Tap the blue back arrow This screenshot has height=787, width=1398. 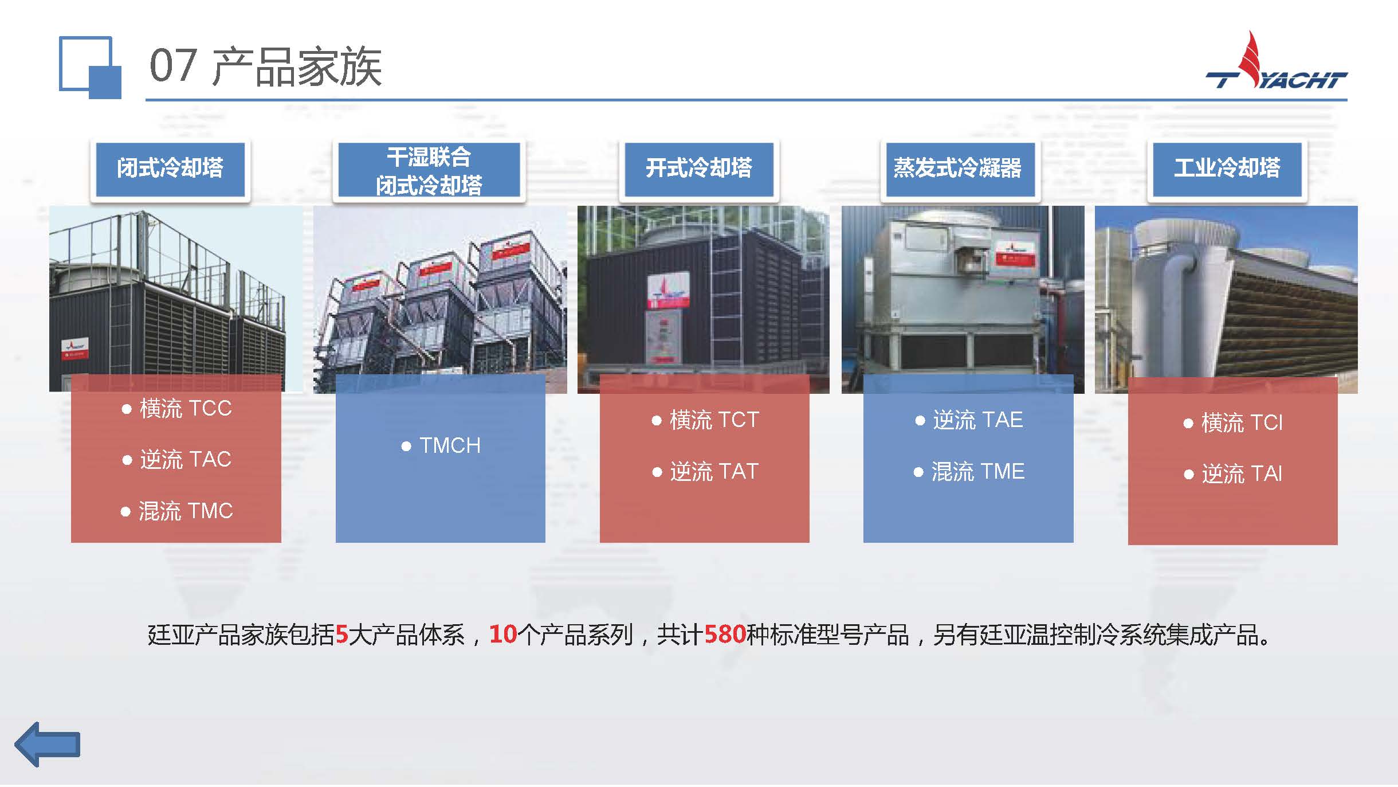pos(48,744)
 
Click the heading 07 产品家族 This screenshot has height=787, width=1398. pos(265,66)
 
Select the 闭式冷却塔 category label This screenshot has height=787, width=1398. pos(170,169)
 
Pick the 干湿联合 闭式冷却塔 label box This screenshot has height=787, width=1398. pos(429,170)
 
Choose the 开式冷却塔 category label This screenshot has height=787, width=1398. pos(698,169)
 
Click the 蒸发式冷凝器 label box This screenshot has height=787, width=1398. pos(957,169)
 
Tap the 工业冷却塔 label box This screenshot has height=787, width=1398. pos(1227,169)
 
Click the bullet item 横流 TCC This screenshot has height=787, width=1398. pos(177,408)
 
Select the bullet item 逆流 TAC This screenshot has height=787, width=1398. pos(177,459)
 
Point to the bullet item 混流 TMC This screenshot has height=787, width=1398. pos(177,511)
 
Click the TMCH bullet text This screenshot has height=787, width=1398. pos(441,445)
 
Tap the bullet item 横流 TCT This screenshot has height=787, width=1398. pos(706,420)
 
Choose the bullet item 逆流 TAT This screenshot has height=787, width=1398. pos(706,472)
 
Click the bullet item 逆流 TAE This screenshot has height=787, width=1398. pos(969,420)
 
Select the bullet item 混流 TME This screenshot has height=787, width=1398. pos(969,472)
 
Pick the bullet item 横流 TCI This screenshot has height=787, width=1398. pos(1233,423)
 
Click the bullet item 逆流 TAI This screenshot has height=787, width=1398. pos(1233,474)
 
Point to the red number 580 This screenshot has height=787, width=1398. pos(725,635)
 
